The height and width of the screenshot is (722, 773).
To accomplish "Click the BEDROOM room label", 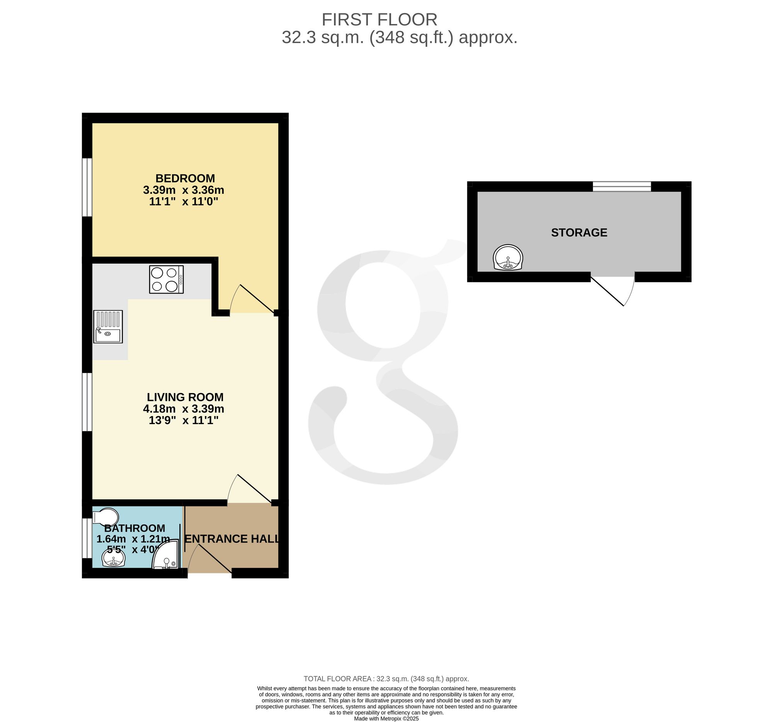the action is pyautogui.click(x=185, y=178).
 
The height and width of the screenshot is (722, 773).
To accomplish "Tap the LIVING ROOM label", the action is pyautogui.click(x=185, y=397).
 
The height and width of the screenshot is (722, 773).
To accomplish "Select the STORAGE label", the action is pyautogui.click(x=579, y=233).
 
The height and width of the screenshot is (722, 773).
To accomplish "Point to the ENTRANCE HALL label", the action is pyautogui.click(x=232, y=539).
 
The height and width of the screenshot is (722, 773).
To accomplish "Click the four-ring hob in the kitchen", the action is pyautogui.click(x=167, y=279).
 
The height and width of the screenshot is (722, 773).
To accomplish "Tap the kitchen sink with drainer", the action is pyautogui.click(x=108, y=327).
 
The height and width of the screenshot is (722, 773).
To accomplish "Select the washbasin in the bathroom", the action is pyautogui.click(x=113, y=559).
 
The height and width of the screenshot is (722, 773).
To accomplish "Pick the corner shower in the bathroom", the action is pyautogui.click(x=167, y=554).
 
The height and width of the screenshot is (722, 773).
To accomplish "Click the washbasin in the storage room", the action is pyautogui.click(x=508, y=257).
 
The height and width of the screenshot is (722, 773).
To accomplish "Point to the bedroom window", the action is pyautogui.click(x=87, y=187).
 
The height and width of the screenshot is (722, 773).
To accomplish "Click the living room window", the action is pyautogui.click(x=87, y=402).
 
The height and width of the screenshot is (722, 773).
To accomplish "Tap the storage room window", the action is pyautogui.click(x=622, y=186).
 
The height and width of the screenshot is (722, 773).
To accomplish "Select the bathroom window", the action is pyautogui.click(x=87, y=538).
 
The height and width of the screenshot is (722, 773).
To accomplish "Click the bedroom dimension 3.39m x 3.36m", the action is pyautogui.click(x=184, y=190).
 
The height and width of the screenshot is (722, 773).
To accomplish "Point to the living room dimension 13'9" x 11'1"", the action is pyautogui.click(x=184, y=420).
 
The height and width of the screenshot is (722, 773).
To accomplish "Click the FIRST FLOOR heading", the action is pyautogui.click(x=379, y=19).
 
